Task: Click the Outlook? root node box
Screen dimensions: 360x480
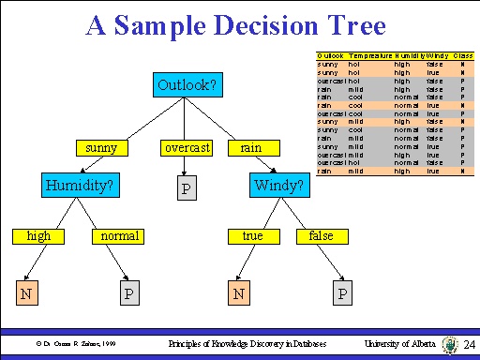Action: (x=187, y=86)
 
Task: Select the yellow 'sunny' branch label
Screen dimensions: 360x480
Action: (x=100, y=148)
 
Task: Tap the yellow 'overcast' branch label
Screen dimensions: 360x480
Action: (x=187, y=148)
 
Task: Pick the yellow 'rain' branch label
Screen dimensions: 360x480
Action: (x=251, y=148)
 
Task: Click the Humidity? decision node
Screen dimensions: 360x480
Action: (x=79, y=186)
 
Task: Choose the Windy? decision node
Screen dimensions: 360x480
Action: (x=278, y=186)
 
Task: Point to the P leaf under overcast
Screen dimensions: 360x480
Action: (x=187, y=190)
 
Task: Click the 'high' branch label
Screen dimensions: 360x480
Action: (x=39, y=236)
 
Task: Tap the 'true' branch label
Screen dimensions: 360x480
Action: (x=252, y=236)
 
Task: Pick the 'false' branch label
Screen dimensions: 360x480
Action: (x=321, y=236)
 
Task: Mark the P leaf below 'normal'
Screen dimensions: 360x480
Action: (x=129, y=295)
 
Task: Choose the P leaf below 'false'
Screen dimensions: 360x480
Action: (x=343, y=295)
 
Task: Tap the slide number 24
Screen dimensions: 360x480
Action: (x=471, y=345)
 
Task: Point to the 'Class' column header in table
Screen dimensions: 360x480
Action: (x=462, y=56)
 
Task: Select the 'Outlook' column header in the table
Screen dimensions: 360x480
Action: (x=331, y=56)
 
